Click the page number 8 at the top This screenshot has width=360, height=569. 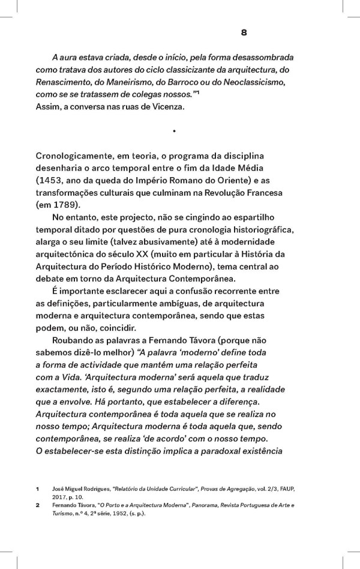pyautogui.click(x=244, y=32)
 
